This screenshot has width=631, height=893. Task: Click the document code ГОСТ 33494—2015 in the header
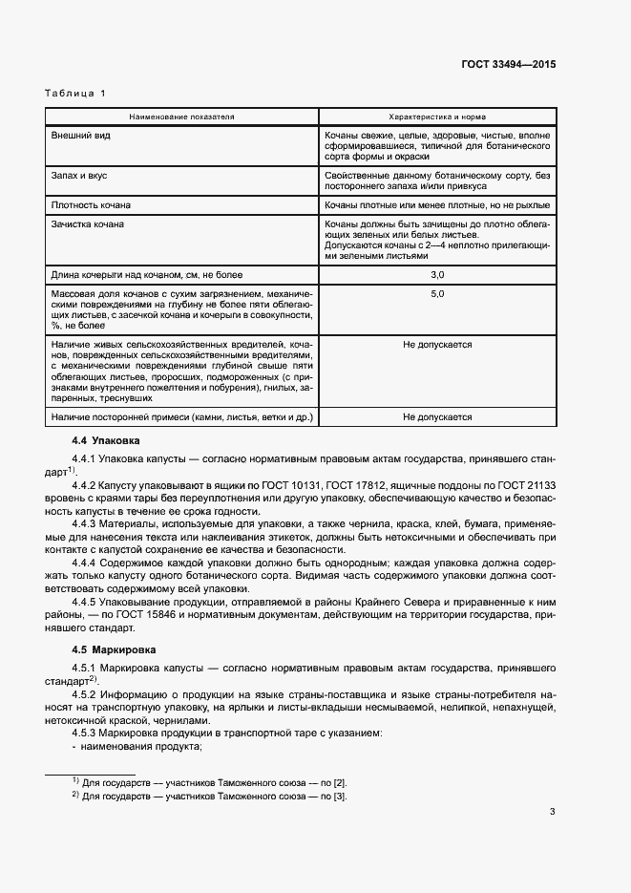point(508,64)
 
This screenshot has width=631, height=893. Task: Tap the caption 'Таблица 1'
point(75,93)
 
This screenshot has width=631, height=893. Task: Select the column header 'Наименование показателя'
point(181,117)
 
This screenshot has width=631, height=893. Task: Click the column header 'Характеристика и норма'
point(437,117)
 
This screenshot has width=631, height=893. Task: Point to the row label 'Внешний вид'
point(80,136)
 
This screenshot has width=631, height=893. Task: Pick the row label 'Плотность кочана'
point(92,205)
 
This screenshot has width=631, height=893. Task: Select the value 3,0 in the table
point(437,274)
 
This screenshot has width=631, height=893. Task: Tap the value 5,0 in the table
point(437,293)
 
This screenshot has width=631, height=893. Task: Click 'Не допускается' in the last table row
point(437,417)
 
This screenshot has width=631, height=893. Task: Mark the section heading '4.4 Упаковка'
point(106,441)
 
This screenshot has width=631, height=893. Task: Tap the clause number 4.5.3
point(86,733)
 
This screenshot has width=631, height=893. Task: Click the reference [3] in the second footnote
point(341,797)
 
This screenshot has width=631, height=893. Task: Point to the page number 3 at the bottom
point(552,813)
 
